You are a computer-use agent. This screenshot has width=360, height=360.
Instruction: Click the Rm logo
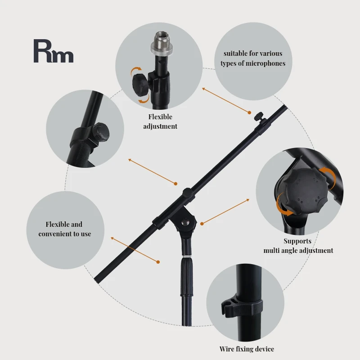pyautogui.click(x=53, y=51)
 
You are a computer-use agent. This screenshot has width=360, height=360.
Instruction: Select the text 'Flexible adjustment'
pyautogui.click(x=160, y=121)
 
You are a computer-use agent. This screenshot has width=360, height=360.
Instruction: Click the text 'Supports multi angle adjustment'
pyautogui.click(x=298, y=246)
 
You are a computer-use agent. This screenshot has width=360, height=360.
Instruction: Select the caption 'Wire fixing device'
pyautogui.click(x=247, y=349)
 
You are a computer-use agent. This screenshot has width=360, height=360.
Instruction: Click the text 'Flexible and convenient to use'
pyautogui.click(x=64, y=229)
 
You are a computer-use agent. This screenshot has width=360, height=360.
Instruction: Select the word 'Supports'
pyautogui.click(x=297, y=241)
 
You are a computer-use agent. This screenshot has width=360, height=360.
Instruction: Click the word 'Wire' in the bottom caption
pyautogui.click(x=226, y=349)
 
